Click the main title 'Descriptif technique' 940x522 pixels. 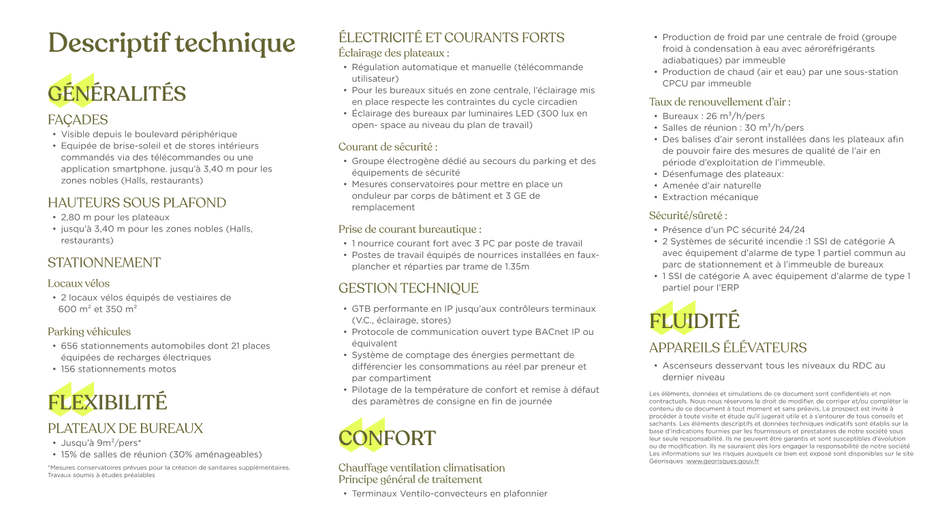171,44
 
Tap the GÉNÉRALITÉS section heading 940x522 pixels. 116,94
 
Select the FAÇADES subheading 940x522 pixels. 78,120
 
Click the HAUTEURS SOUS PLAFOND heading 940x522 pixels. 137,203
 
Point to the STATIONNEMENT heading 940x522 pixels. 104,263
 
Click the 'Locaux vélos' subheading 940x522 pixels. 78,283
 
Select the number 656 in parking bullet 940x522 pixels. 69,346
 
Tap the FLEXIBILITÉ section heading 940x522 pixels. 107,403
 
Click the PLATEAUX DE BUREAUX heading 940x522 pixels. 125,429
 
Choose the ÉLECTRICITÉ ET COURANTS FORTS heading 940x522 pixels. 452,37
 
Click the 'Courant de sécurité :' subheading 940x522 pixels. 388,147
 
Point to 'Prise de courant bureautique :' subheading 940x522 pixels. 410,229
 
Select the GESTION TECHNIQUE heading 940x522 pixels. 409,288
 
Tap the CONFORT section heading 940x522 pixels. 387,439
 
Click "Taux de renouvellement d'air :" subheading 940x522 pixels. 719,102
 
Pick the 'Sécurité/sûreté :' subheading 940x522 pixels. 688,216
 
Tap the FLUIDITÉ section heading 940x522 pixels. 694,321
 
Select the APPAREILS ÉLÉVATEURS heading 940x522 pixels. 727,348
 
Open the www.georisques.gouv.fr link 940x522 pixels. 723,461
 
